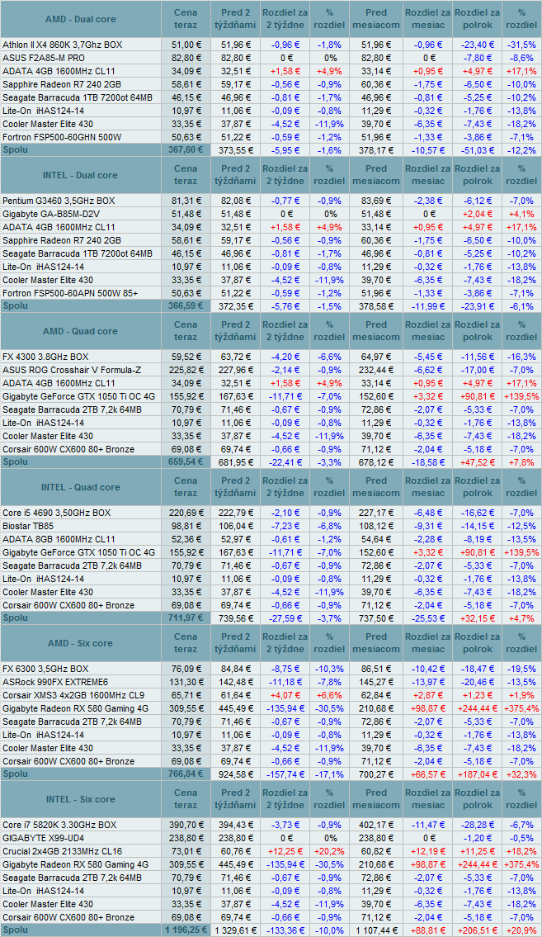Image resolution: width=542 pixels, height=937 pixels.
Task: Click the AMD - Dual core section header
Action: pos(79,19)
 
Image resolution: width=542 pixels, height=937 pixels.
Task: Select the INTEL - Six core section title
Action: pos(79,799)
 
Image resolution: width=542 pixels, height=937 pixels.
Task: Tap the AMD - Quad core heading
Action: pos(79,331)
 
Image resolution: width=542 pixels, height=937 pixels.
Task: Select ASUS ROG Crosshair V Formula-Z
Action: pos(73,370)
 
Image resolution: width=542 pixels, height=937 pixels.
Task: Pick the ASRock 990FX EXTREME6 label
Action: pos(55,682)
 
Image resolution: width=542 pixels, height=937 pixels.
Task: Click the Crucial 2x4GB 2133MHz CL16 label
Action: pos(62,851)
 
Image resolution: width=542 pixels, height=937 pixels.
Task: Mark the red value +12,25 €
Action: pos(285,851)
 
